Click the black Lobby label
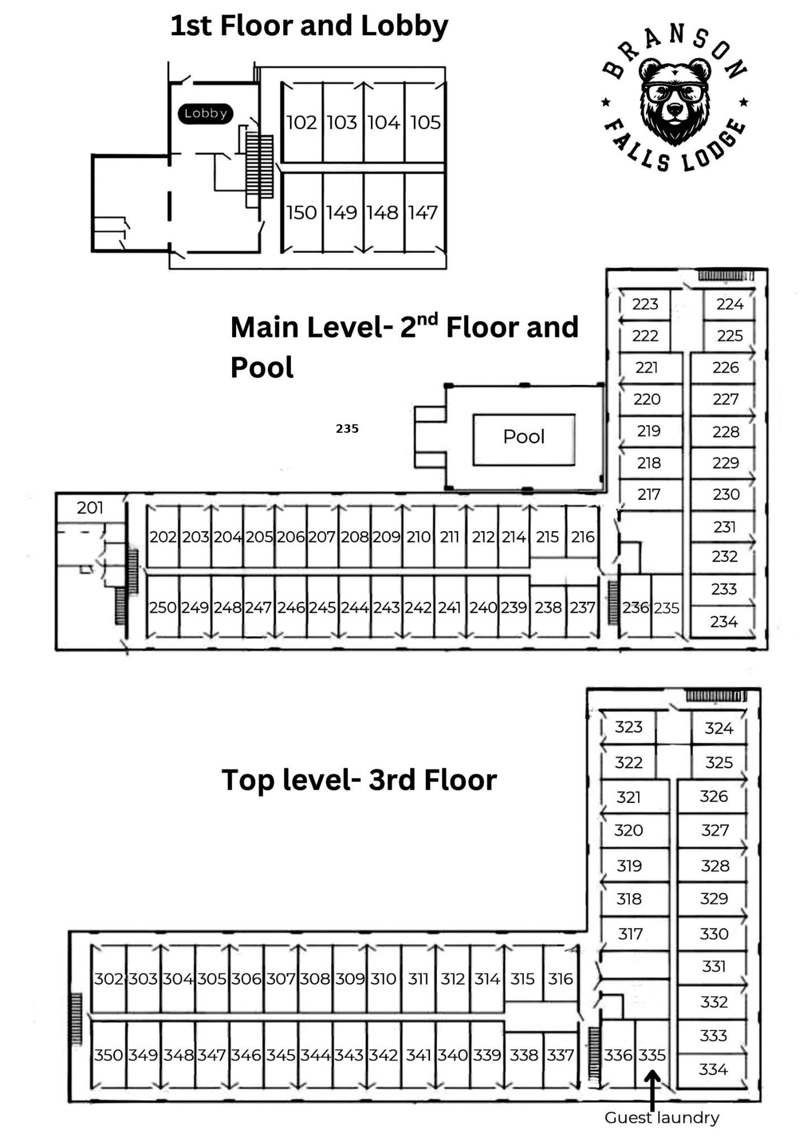click(205, 113)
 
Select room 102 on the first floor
click(302, 122)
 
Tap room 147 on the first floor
click(423, 212)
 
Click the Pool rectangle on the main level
click(524, 439)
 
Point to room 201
click(91, 508)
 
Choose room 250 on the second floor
click(163, 607)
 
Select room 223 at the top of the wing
click(644, 304)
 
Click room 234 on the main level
click(723, 622)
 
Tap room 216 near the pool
click(582, 537)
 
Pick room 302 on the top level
click(109, 979)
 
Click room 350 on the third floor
click(109, 1055)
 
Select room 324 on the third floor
click(719, 728)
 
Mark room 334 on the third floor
click(713, 1070)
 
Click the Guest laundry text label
click(662, 1118)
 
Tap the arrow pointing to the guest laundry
click(652, 1090)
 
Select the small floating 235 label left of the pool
click(347, 429)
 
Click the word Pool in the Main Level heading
click(262, 367)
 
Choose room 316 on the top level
click(561, 979)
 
